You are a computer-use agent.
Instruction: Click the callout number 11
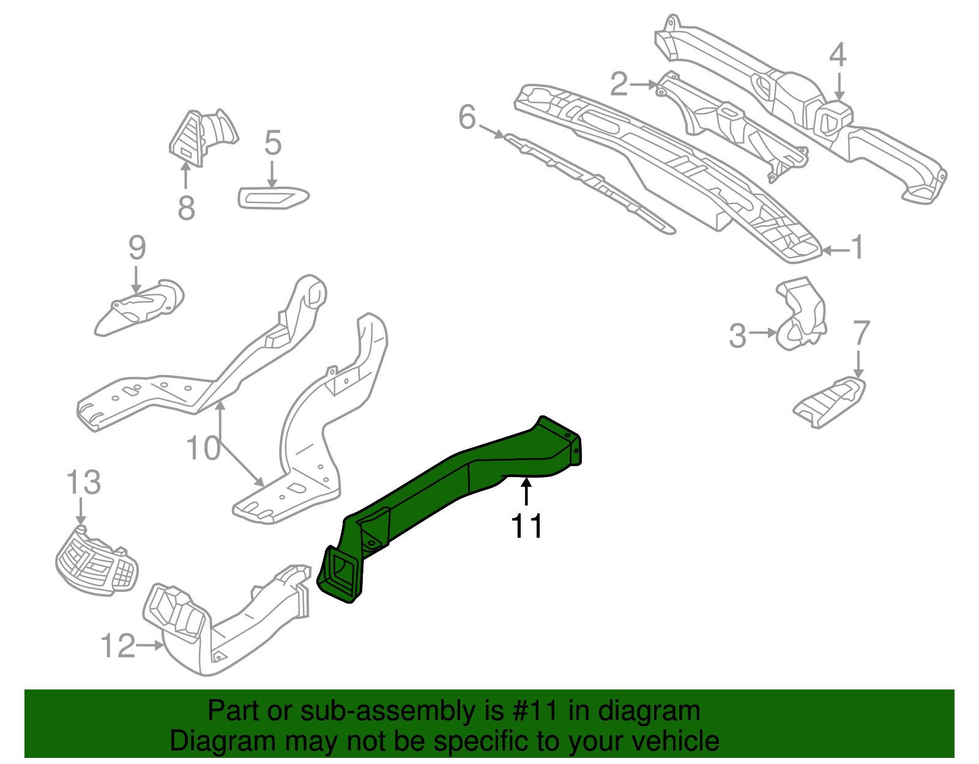[527, 526]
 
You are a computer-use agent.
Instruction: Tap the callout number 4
[838, 55]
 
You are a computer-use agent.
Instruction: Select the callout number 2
[619, 84]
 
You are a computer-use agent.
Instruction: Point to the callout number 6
[467, 117]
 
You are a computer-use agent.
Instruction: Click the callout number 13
[83, 483]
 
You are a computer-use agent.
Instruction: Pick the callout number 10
[203, 448]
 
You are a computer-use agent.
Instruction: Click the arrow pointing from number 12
[151, 645]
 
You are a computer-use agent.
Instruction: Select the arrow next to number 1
[835, 250]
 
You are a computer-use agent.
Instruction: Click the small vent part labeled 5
[273, 198]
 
